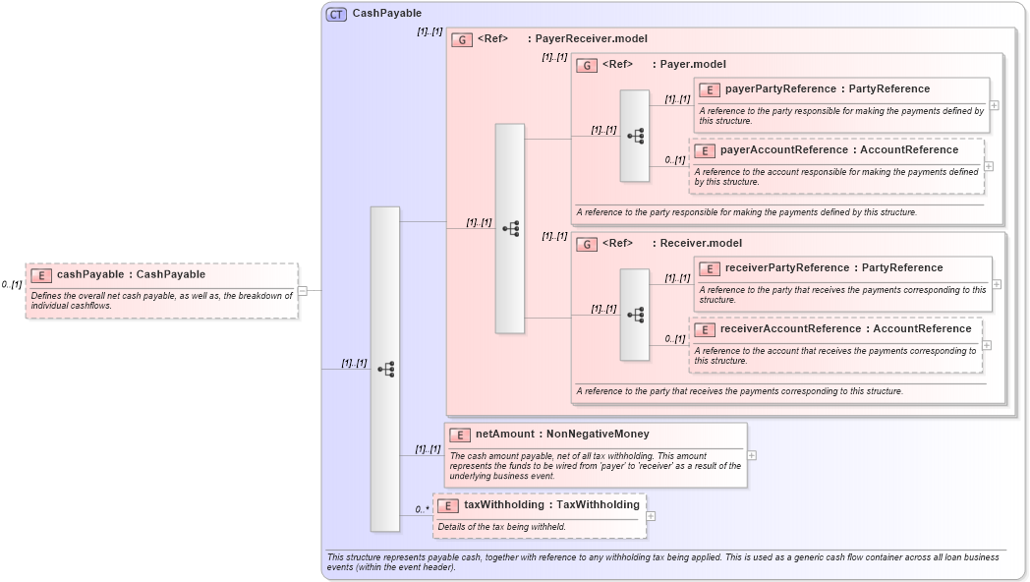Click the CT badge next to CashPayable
(x=336, y=14)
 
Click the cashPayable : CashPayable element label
(x=131, y=274)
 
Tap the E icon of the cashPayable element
(x=41, y=275)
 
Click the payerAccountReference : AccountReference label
(x=838, y=149)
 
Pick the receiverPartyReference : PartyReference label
(x=833, y=267)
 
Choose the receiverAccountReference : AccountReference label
(x=845, y=328)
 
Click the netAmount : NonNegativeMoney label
(x=562, y=434)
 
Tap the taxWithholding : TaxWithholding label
(x=551, y=504)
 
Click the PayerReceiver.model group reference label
(x=587, y=39)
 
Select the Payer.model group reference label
(x=693, y=65)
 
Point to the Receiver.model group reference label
(x=701, y=243)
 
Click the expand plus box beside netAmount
(x=752, y=455)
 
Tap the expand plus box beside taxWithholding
(x=651, y=515)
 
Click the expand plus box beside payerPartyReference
(x=995, y=105)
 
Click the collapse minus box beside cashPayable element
(x=303, y=291)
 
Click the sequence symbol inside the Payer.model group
(x=635, y=136)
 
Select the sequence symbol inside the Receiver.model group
(x=635, y=315)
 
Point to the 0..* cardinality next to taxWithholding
(x=422, y=509)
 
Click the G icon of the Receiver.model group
(x=587, y=244)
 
